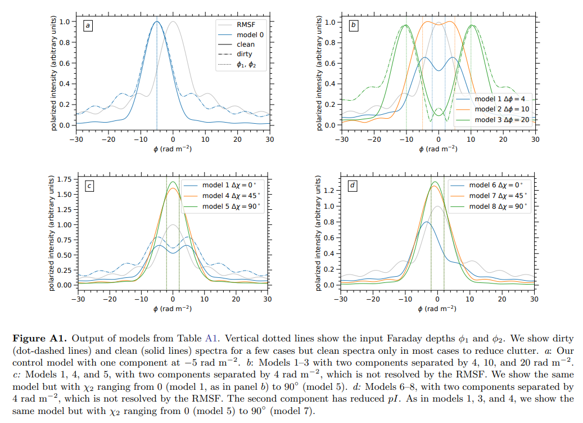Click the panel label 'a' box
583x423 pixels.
[x=88, y=25]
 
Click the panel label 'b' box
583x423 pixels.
[x=353, y=25]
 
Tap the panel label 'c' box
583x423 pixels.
[x=88, y=185]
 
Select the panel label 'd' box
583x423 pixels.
[x=353, y=185]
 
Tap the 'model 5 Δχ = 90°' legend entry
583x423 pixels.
[x=231, y=206]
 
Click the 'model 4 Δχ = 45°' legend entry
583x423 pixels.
[x=231, y=196]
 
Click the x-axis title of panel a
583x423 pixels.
[x=173, y=149]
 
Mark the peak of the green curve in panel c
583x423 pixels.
[x=173, y=182]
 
